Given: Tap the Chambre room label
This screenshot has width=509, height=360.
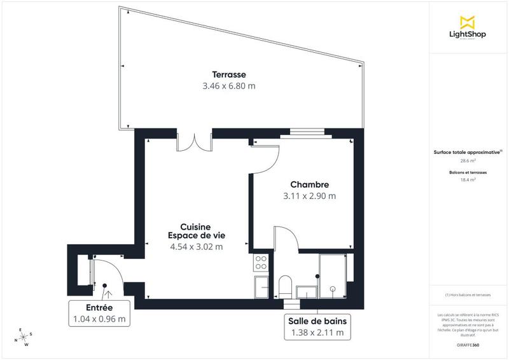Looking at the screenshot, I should (309, 184).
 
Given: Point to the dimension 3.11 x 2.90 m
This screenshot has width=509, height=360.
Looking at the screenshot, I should (309, 196).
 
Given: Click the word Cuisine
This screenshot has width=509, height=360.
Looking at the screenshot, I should (195, 226).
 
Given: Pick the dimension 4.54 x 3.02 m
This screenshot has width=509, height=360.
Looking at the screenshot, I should (197, 247).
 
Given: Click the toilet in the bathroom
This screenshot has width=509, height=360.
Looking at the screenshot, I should (284, 286).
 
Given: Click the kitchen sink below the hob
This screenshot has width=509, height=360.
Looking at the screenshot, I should (261, 285).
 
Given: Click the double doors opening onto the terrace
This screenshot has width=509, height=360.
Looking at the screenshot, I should (194, 141).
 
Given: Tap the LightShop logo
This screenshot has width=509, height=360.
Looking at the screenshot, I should (468, 29).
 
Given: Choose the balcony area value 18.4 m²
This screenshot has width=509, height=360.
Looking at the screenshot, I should (468, 180).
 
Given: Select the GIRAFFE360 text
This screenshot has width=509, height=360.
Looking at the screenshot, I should (468, 343).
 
